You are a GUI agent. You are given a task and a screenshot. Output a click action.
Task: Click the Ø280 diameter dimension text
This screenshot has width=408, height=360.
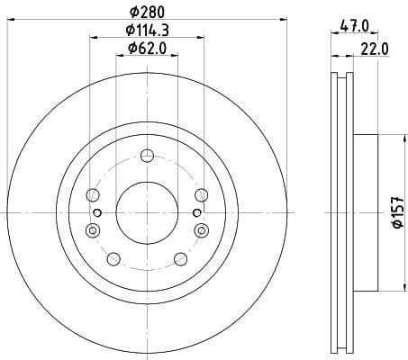click(x=148, y=13)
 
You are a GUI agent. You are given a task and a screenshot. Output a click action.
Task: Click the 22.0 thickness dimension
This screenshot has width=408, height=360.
click(x=374, y=49)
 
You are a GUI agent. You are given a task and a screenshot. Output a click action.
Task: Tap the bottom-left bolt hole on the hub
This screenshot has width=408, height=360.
click(x=113, y=259)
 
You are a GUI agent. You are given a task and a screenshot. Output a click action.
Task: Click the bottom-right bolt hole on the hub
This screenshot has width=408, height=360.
click(x=181, y=259)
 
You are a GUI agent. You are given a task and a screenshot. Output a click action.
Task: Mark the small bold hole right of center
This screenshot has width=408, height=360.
click(x=196, y=211)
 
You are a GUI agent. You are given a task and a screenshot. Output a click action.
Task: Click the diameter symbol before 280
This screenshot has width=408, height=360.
click(x=134, y=13)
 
